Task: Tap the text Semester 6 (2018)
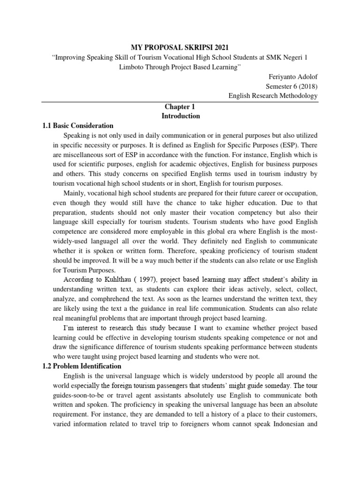coord(292,86)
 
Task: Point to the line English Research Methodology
coord(273,96)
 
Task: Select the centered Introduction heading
coord(180,116)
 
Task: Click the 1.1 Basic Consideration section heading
coord(78,126)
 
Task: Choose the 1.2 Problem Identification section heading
coord(82,366)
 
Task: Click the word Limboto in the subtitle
coord(134,67)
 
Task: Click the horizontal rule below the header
coord(180,102)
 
